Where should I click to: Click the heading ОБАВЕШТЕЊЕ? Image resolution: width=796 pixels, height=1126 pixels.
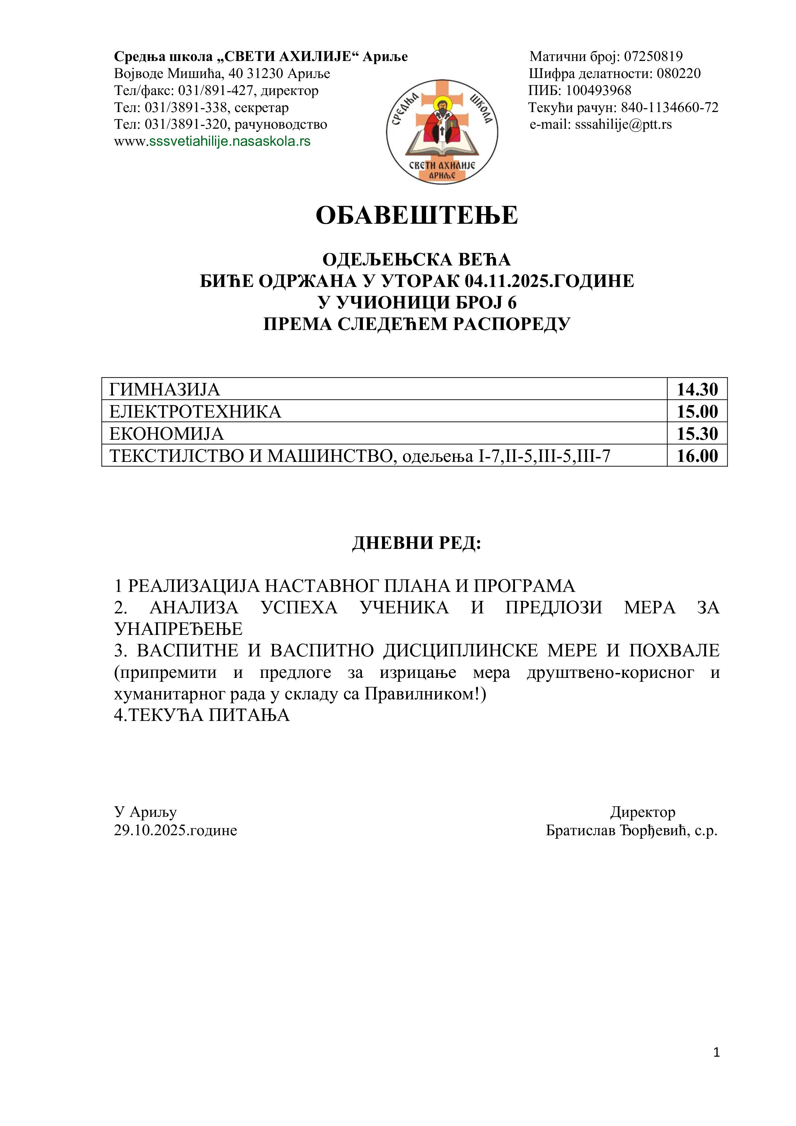point(417,215)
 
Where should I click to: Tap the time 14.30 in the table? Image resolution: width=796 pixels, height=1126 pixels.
point(697,389)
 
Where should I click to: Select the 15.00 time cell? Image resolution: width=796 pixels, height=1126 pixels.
point(697,411)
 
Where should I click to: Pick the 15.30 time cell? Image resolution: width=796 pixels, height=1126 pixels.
point(697,434)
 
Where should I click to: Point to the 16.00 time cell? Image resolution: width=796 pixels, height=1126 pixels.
point(697,455)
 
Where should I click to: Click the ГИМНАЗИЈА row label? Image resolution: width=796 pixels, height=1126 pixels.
point(165,389)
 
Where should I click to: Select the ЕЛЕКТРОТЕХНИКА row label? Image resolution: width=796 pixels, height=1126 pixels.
point(195,411)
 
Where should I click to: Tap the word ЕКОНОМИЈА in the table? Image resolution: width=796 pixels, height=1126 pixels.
point(167,434)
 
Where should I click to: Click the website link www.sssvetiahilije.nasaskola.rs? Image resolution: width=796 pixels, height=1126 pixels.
point(212,141)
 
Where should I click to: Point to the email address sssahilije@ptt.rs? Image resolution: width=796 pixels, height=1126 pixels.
point(623,124)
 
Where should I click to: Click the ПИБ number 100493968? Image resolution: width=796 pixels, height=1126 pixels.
point(598,90)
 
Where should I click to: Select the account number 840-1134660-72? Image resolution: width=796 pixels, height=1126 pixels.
point(670,108)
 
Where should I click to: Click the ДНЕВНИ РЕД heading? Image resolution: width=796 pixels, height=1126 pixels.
point(417,543)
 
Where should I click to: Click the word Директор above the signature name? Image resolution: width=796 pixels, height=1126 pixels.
point(643,812)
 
